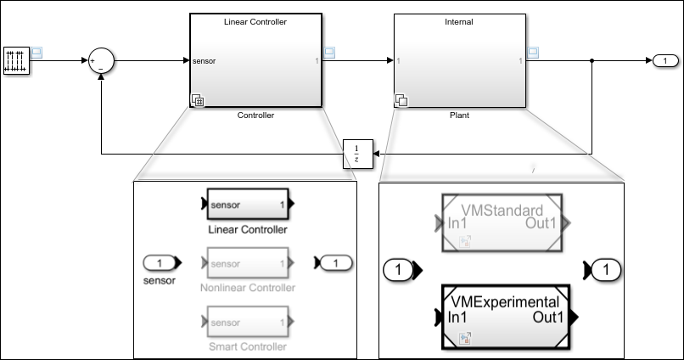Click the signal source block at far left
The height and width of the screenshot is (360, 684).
(x=16, y=60)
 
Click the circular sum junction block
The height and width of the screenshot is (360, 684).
(x=101, y=60)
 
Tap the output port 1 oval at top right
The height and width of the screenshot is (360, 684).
(x=665, y=60)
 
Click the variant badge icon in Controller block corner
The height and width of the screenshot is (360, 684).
(x=198, y=100)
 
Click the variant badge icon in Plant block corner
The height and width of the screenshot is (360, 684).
(x=401, y=100)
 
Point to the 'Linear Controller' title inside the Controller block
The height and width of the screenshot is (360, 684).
(x=255, y=21)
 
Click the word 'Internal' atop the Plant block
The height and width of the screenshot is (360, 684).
(x=459, y=21)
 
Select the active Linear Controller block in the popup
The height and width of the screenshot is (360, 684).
(x=249, y=205)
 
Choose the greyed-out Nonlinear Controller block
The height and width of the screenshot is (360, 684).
(x=249, y=263)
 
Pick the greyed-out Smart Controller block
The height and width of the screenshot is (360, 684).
(x=249, y=322)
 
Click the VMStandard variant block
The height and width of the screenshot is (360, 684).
(x=501, y=222)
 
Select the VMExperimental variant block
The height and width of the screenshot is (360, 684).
(x=506, y=317)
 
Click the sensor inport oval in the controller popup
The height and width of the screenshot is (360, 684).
(x=160, y=263)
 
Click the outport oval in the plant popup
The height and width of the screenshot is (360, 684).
(x=604, y=271)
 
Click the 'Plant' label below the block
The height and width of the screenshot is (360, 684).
(x=459, y=115)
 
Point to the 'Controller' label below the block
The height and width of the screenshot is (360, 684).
(x=255, y=115)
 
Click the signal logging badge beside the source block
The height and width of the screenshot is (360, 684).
(x=36, y=53)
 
